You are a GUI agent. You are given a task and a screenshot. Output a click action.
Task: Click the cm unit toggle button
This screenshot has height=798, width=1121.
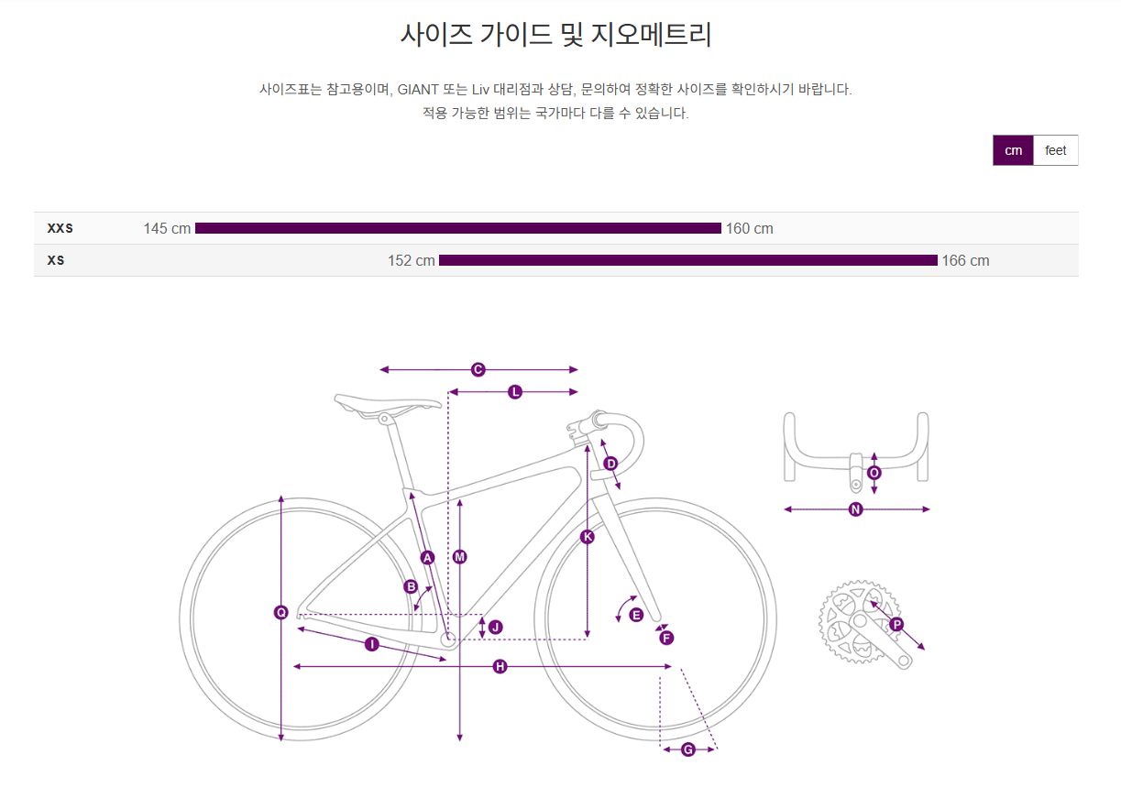1013,150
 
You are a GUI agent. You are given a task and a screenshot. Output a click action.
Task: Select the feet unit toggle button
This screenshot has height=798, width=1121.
1055,150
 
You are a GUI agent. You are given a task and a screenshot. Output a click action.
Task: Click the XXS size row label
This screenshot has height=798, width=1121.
60,228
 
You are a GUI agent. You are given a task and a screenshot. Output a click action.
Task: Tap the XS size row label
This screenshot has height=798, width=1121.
56,260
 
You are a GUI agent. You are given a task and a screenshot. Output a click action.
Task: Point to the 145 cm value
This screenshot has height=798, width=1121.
167,228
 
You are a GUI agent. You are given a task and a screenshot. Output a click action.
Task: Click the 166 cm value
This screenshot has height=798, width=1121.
965,260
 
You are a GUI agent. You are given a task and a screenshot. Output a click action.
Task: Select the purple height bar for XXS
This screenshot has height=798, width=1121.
458,228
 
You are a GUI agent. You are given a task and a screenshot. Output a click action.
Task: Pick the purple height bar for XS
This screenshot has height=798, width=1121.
687,260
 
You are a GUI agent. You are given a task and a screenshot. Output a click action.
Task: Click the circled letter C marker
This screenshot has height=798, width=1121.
478,369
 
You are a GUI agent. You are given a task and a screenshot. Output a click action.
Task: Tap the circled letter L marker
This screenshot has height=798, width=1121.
515,392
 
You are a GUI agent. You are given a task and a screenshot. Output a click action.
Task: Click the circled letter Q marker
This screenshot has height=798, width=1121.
281,612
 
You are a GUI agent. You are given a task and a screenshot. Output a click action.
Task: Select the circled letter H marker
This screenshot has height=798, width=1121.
500,666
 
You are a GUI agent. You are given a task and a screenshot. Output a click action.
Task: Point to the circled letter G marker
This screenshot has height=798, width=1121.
688,749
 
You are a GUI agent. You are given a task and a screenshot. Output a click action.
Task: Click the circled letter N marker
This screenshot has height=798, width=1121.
855,509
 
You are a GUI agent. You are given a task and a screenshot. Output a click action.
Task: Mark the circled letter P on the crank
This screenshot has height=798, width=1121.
896,624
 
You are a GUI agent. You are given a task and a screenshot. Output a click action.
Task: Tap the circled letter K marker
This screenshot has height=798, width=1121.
588,537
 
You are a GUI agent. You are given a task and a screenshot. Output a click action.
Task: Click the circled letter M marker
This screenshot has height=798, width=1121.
460,556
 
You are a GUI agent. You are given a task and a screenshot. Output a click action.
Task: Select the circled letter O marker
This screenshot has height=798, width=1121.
874,473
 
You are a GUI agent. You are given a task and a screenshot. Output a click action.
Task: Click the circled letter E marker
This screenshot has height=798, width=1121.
636,615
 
